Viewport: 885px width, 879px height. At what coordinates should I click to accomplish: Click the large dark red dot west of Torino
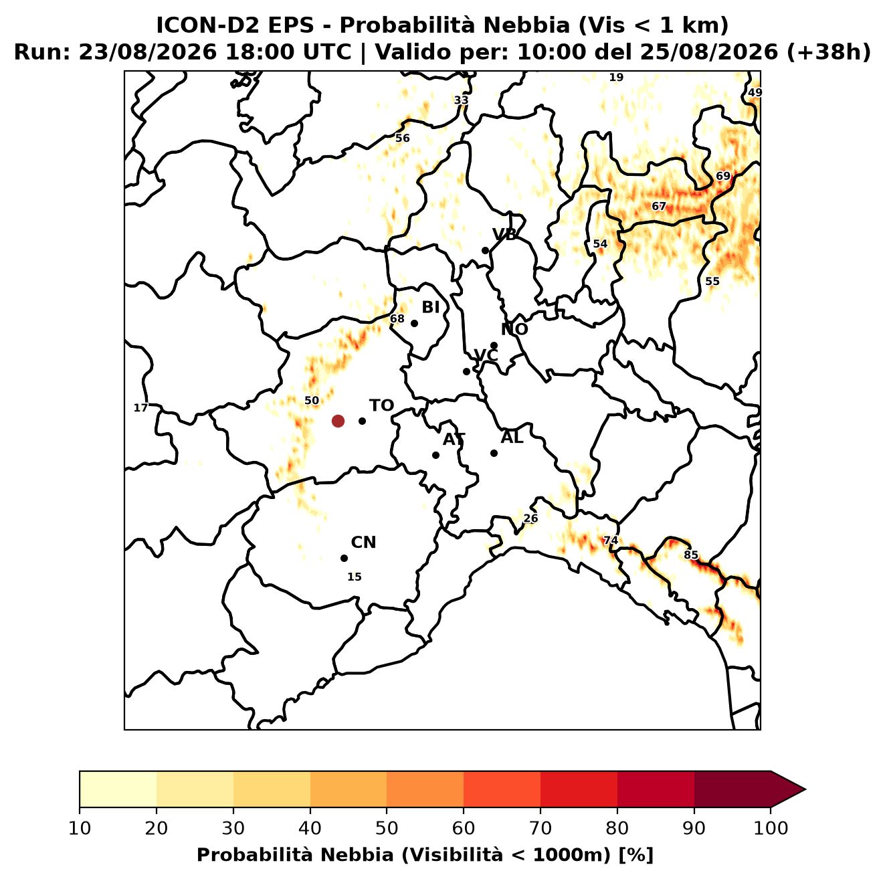click(338, 420)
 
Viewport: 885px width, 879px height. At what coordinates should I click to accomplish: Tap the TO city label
click(381, 405)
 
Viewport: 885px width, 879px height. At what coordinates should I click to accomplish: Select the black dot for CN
click(344, 558)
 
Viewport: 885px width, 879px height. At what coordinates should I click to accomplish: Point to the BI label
click(430, 307)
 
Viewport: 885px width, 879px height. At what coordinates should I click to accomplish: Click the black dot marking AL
click(494, 453)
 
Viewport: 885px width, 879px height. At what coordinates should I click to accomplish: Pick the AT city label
click(454, 440)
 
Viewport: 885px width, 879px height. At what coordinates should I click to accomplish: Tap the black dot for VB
click(485, 250)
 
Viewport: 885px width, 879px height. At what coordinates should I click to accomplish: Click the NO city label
click(514, 329)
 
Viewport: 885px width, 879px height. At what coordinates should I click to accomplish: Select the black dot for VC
click(467, 371)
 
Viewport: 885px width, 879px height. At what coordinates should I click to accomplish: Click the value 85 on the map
click(691, 555)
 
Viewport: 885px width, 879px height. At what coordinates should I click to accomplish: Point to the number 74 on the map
click(610, 540)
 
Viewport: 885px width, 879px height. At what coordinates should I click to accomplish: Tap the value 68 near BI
click(397, 318)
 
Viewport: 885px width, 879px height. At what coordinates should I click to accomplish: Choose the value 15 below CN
click(354, 577)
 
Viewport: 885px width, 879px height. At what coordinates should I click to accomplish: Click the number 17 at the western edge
click(140, 407)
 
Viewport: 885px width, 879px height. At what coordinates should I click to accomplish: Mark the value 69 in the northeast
click(723, 176)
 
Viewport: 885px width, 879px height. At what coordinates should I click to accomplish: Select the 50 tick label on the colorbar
click(386, 828)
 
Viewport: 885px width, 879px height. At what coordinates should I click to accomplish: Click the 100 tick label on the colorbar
click(771, 828)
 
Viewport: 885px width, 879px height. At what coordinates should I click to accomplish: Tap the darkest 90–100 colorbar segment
click(732, 789)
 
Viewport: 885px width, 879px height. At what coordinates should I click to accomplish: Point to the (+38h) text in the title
click(829, 52)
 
